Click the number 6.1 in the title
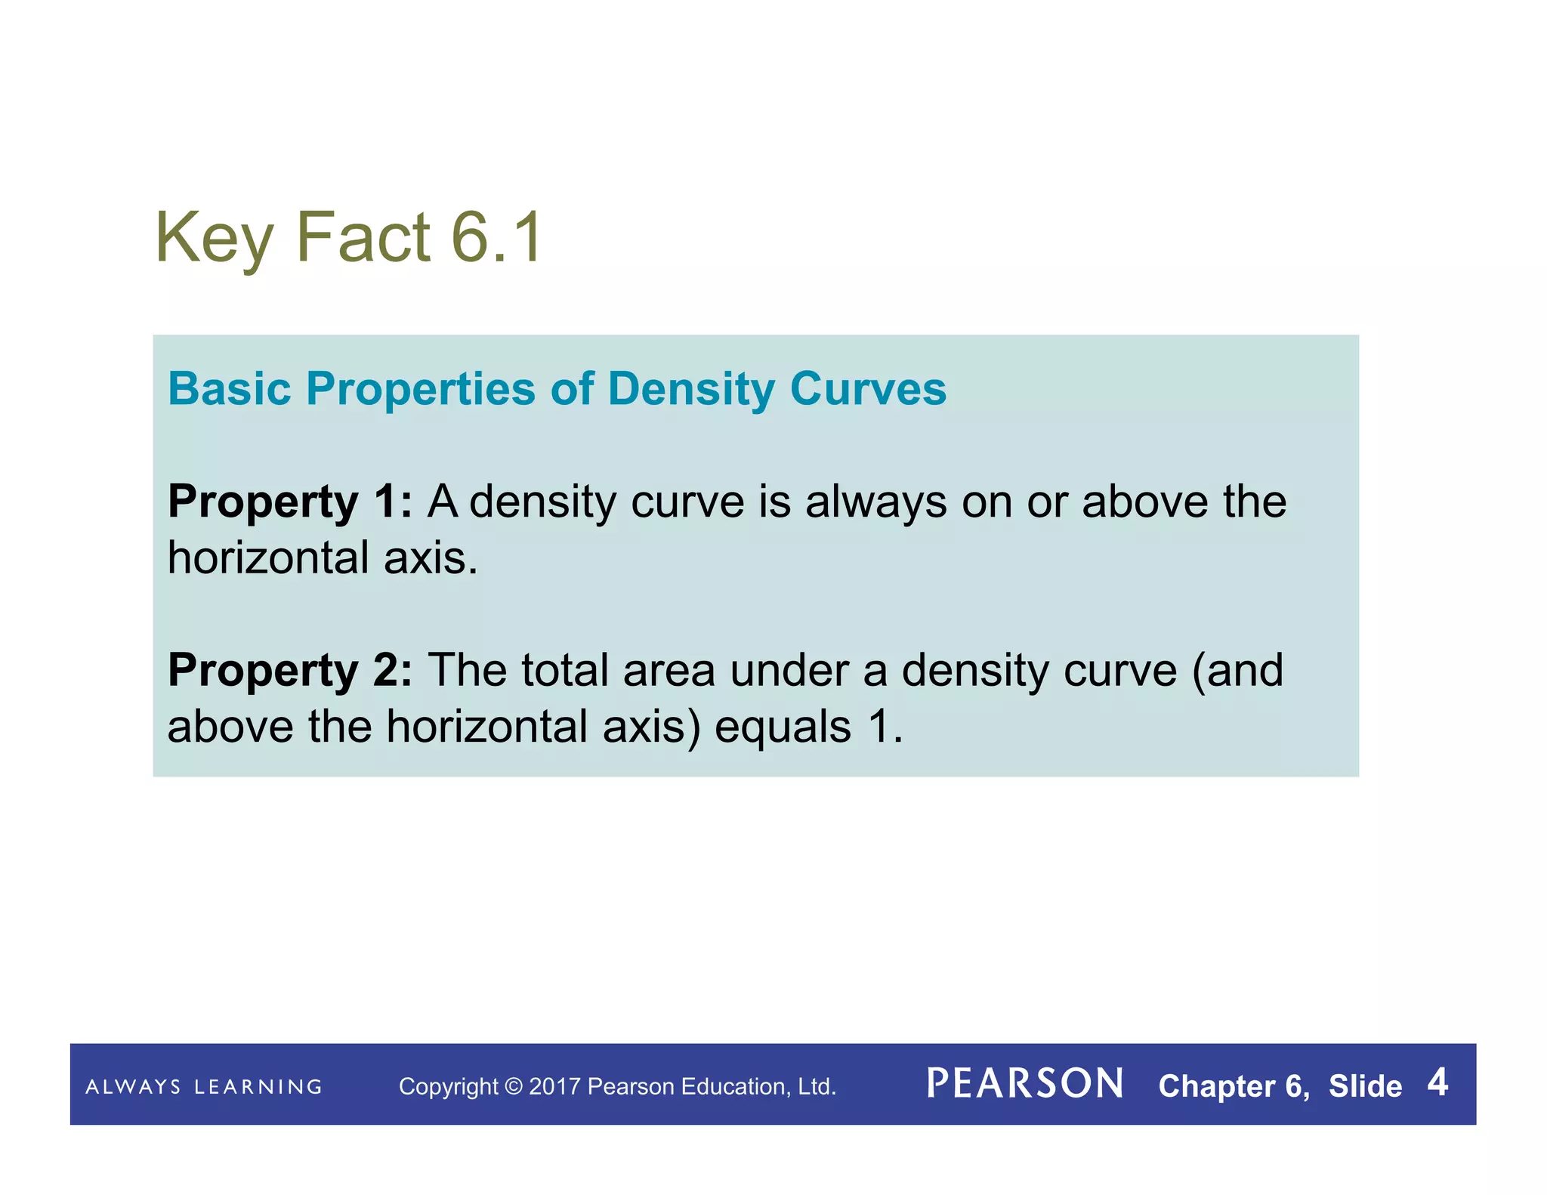[x=496, y=237]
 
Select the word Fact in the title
[x=363, y=237]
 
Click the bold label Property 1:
[x=290, y=502]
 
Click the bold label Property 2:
[x=290, y=671]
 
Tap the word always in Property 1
[x=875, y=502]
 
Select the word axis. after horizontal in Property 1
[x=431, y=558]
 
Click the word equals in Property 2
[x=783, y=727]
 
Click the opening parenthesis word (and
[x=1237, y=671]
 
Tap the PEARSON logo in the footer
[x=1025, y=1084]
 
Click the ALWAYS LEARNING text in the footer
[x=204, y=1087]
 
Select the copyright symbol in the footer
[x=513, y=1086]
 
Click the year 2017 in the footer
[x=554, y=1086]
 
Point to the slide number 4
[x=1437, y=1082]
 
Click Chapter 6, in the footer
[x=1234, y=1086]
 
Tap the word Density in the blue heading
[x=691, y=391]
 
